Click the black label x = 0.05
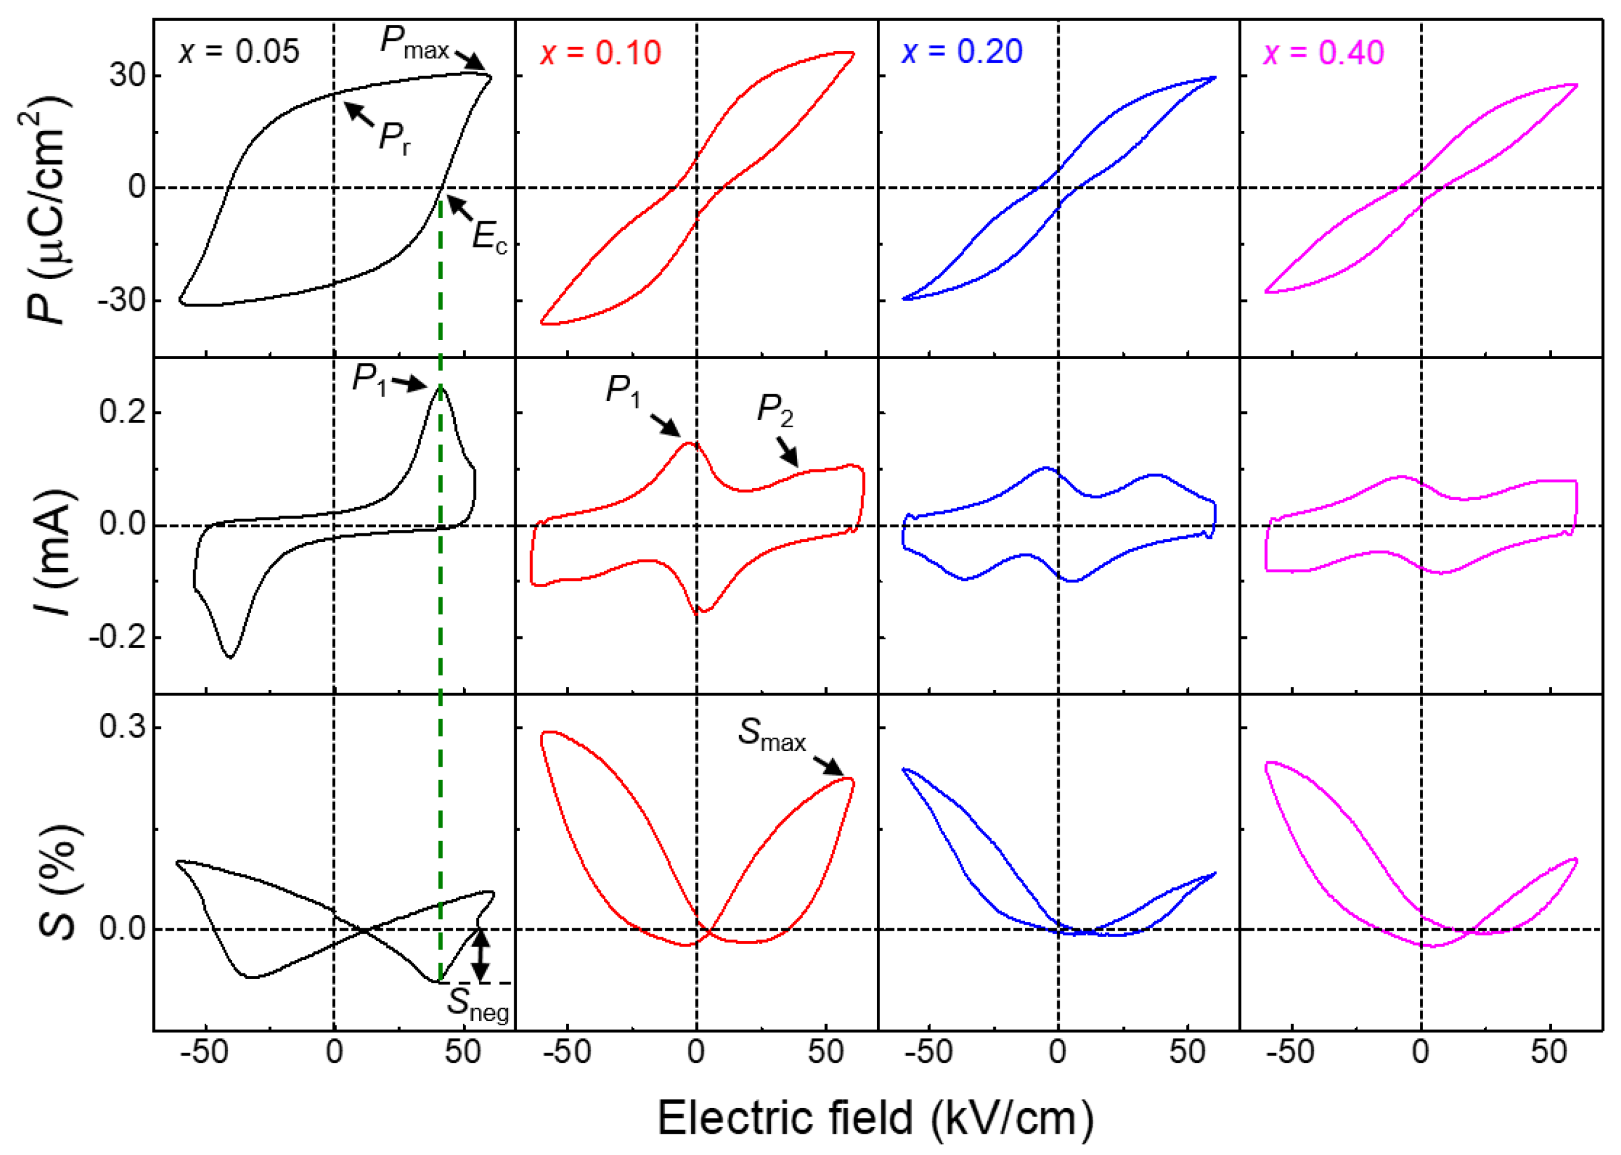(x=239, y=51)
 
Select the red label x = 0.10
(x=601, y=52)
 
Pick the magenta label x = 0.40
(x=1323, y=52)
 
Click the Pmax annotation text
(x=414, y=43)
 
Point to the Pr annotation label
(x=395, y=137)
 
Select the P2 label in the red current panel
(x=775, y=411)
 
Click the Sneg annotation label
(x=478, y=1004)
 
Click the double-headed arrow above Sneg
(x=481, y=955)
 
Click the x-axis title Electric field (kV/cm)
(x=875, y=1118)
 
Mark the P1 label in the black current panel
(x=371, y=379)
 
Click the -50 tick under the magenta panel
(x=1291, y=1052)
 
